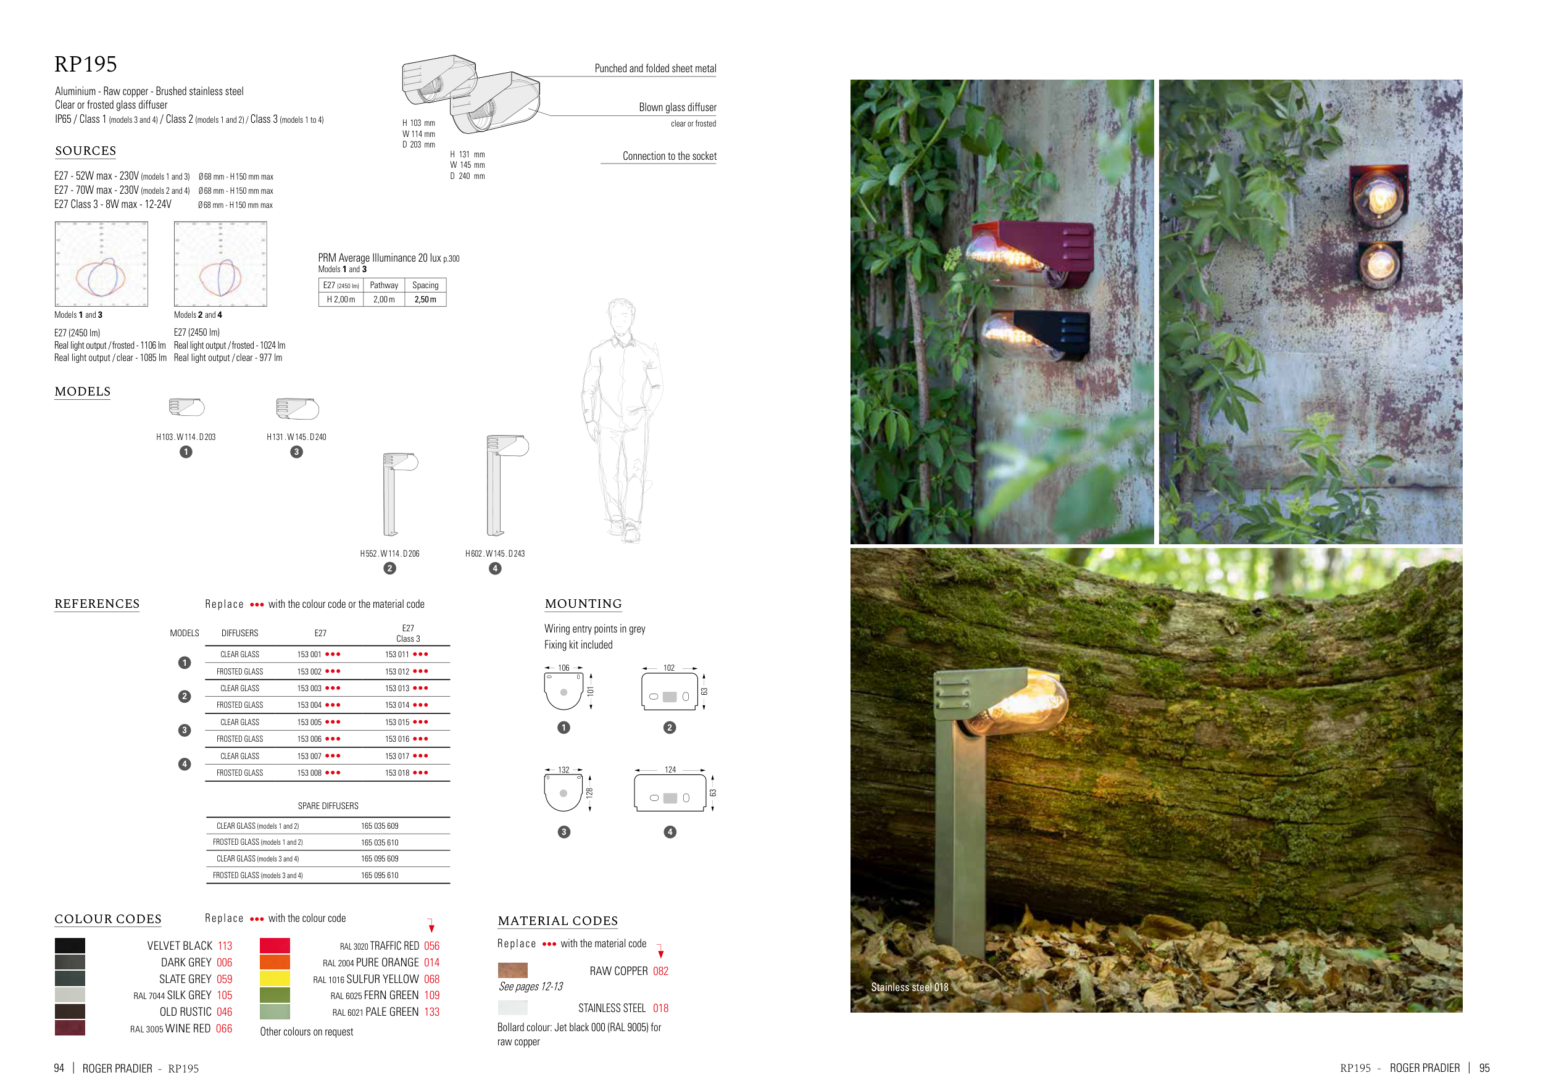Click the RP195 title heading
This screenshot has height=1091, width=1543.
(x=85, y=65)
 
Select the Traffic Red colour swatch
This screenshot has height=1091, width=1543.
(x=274, y=945)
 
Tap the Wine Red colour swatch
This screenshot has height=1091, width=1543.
(x=70, y=1028)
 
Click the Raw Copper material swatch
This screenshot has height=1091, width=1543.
(x=512, y=970)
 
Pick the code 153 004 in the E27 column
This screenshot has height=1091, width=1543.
(x=310, y=705)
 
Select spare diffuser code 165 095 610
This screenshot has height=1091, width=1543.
(x=380, y=876)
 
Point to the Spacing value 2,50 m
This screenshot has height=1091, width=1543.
(x=425, y=300)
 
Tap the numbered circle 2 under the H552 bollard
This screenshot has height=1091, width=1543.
(x=390, y=568)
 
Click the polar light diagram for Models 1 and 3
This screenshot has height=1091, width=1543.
(x=101, y=264)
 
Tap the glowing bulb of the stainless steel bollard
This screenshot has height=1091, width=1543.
(x=1021, y=705)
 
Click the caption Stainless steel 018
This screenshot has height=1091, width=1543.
(x=909, y=987)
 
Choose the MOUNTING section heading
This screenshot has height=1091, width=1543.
(x=583, y=604)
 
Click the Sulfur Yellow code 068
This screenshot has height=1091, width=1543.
(x=431, y=979)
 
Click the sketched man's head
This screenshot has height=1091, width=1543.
(x=621, y=314)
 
